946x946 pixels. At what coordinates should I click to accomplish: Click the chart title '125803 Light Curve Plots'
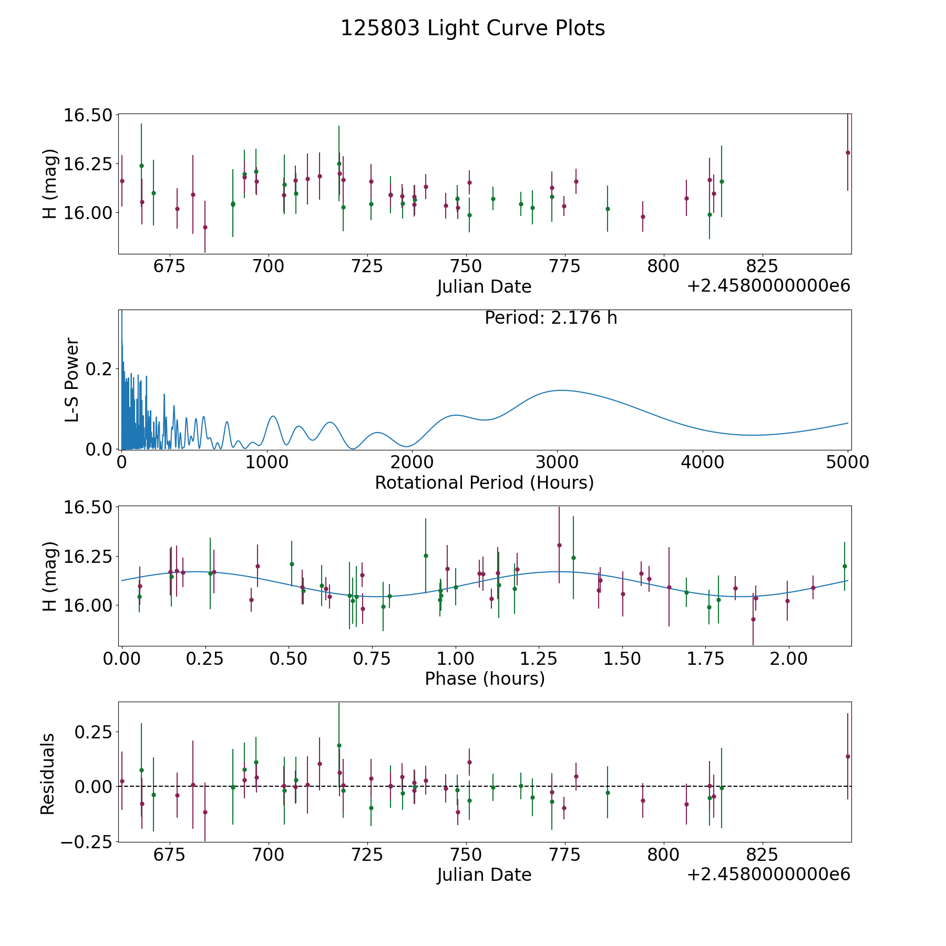tap(472, 28)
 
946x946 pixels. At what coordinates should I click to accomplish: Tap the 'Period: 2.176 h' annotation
tap(551, 318)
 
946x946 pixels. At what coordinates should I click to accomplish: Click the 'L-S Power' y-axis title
tap(72, 379)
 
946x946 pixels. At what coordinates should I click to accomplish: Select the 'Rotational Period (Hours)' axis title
tap(484, 482)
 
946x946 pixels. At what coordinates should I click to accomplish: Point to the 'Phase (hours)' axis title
tap(485, 678)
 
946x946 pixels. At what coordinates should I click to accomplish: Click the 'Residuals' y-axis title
tap(48, 774)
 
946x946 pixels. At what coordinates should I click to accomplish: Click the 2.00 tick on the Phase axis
tap(788, 659)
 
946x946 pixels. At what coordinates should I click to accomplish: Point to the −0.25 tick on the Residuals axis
tap(87, 841)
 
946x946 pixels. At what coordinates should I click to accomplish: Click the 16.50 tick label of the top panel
tap(88, 115)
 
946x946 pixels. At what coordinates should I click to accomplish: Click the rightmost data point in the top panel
tap(848, 152)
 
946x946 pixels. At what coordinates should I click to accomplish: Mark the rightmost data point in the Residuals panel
tap(848, 756)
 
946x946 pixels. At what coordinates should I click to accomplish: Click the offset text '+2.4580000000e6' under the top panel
tap(769, 286)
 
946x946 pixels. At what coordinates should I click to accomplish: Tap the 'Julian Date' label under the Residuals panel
tap(484, 875)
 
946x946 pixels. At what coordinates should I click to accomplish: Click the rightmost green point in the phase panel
tap(845, 566)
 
